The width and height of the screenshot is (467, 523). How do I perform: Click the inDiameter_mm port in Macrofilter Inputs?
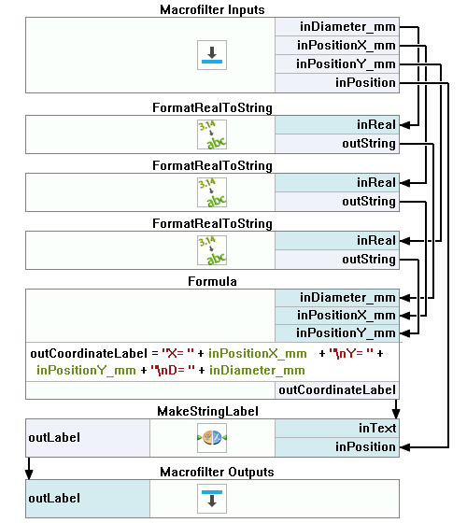337,27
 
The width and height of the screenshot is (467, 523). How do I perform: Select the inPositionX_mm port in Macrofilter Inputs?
337,46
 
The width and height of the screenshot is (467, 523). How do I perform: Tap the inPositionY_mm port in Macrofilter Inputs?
337,64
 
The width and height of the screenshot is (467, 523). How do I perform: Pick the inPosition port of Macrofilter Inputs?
337,83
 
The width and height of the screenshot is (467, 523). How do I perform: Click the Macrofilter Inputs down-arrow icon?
212,55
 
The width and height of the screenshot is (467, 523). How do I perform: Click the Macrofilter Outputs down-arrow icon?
212,499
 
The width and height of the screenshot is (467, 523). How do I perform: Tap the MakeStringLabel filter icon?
212,438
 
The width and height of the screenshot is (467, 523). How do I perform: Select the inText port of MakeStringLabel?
337,428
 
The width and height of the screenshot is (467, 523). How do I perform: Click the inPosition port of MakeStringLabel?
337,447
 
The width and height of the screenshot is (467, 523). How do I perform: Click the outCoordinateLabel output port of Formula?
337,390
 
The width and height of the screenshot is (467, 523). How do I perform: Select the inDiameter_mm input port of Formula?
337,298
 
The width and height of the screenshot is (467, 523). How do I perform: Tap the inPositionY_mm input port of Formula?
337,333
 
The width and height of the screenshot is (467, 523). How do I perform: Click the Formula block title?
212,281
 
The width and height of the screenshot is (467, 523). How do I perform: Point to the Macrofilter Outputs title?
217,472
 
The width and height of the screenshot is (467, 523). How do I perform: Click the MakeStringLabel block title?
207,411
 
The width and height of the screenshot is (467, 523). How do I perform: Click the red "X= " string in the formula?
177,353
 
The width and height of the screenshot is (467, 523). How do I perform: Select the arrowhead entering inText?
396,414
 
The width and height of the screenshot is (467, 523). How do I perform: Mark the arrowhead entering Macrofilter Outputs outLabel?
29,474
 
